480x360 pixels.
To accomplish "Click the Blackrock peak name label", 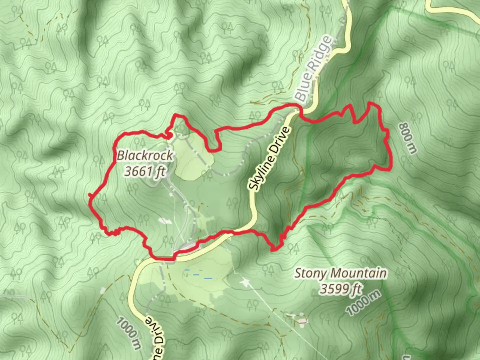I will click(145, 155).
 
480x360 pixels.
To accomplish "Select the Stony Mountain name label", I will click(340, 274).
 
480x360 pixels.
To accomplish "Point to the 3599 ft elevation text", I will click(340, 289).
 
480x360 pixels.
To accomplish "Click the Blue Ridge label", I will click(314, 69).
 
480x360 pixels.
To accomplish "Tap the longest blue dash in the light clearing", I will click(208, 278).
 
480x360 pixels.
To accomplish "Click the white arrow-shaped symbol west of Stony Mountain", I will click(245, 283).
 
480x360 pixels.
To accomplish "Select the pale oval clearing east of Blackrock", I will click(193, 157).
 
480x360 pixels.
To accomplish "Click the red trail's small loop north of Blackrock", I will click(169, 135).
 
